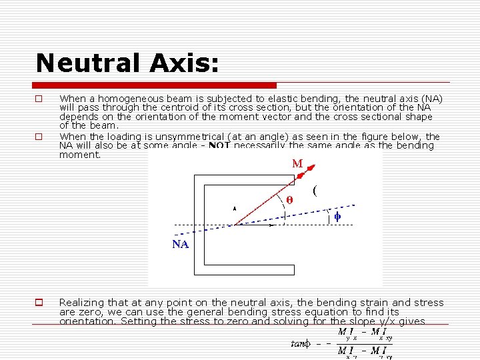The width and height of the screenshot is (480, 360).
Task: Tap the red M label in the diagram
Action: coord(297,163)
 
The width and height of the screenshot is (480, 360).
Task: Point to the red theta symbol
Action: coord(289,199)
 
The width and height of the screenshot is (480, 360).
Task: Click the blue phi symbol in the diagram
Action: coord(337,216)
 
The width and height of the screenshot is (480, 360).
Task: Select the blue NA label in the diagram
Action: coord(181,244)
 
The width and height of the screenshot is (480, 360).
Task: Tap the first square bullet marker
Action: coord(39,99)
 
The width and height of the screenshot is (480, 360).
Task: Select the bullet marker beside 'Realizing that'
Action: coord(39,303)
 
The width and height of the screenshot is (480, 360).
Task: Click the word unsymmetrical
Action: coord(186,137)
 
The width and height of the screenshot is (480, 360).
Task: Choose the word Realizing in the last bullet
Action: coord(83,303)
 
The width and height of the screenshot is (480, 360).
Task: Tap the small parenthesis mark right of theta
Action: coord(314,190)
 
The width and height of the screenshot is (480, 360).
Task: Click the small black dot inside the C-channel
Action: coord(234,209)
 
